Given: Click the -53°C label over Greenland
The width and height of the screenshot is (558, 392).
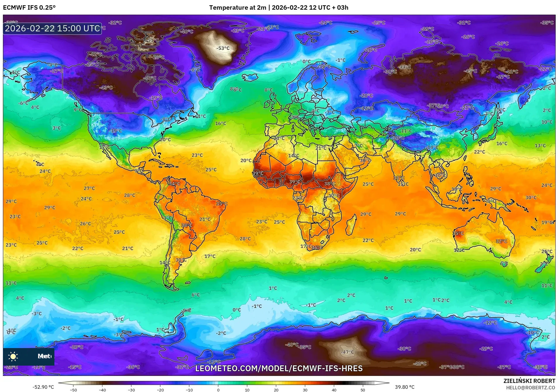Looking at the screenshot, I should click(223, 48).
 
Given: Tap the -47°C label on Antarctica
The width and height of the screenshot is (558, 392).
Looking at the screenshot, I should click(347, 352).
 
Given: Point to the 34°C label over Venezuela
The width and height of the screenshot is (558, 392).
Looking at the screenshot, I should click(174, 184).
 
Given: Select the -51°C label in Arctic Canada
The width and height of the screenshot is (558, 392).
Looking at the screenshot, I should click(152, 40).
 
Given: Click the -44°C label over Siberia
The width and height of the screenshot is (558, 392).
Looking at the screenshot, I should click(405, 67).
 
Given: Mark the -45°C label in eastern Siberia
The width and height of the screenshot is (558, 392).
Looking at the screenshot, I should click(470, 71).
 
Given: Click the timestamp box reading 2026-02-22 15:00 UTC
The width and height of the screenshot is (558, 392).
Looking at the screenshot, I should click(52, 28).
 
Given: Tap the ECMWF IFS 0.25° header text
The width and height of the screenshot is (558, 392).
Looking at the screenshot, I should click(29, 8).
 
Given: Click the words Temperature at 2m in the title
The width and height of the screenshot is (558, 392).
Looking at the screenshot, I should click(238, 8).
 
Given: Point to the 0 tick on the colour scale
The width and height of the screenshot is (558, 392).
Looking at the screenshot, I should click(218, 390).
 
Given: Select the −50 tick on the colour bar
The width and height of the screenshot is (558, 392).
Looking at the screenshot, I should click(73, 390).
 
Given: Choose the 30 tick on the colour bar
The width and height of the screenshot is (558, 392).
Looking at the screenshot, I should click(305, 390).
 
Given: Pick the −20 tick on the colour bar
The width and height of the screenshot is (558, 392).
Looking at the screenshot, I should click(160, 390).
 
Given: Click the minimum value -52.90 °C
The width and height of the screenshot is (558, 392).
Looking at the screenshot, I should click(43, 387).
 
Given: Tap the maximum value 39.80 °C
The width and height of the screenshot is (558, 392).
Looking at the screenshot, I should click(405, 387).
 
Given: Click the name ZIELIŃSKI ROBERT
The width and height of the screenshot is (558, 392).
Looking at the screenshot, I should click(529, 381).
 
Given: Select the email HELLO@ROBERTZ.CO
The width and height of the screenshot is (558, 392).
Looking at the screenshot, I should click(530, 388).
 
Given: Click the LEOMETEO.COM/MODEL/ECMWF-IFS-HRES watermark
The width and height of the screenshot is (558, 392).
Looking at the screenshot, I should click(279, 368).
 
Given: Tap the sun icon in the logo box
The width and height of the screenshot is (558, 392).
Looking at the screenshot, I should click(13, 356).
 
